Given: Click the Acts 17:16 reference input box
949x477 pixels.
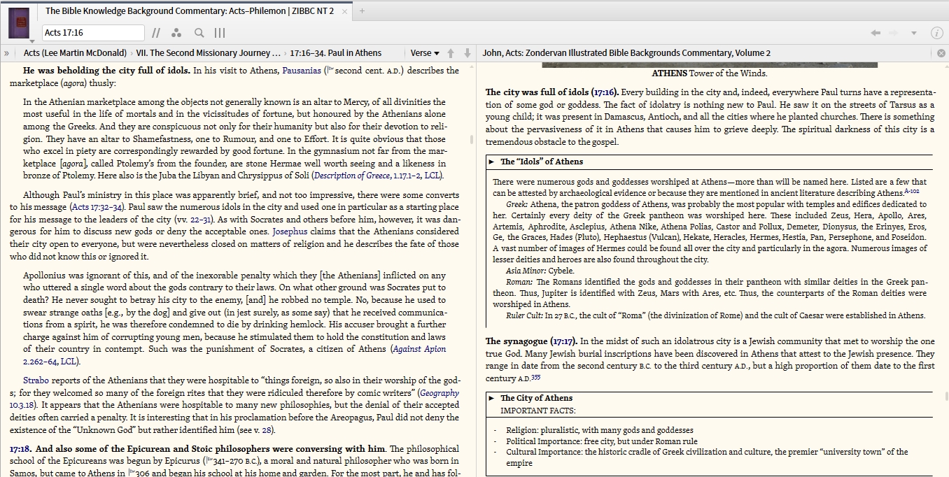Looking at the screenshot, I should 92,33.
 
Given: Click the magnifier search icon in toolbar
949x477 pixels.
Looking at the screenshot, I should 199,33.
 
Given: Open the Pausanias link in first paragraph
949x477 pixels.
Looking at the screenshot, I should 302,71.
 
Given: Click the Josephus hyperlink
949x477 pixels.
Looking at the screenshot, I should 290,232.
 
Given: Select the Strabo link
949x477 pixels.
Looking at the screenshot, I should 36,380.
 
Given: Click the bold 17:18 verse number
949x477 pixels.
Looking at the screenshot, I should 20,449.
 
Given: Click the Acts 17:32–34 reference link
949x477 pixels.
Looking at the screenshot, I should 97,207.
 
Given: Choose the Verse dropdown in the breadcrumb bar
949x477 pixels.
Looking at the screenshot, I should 425,53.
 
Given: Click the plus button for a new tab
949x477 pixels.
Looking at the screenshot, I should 362,10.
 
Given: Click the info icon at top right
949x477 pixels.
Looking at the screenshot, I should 936,33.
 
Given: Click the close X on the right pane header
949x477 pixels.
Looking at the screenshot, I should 941,53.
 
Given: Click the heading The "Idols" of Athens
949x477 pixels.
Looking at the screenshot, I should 541,162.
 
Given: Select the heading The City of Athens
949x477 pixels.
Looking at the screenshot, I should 536,398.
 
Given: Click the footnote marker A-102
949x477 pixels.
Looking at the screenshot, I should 911,191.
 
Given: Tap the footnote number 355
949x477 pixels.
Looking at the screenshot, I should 535,378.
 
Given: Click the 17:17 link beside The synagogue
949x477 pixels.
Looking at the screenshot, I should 563,341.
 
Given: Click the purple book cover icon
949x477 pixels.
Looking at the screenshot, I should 19,22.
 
